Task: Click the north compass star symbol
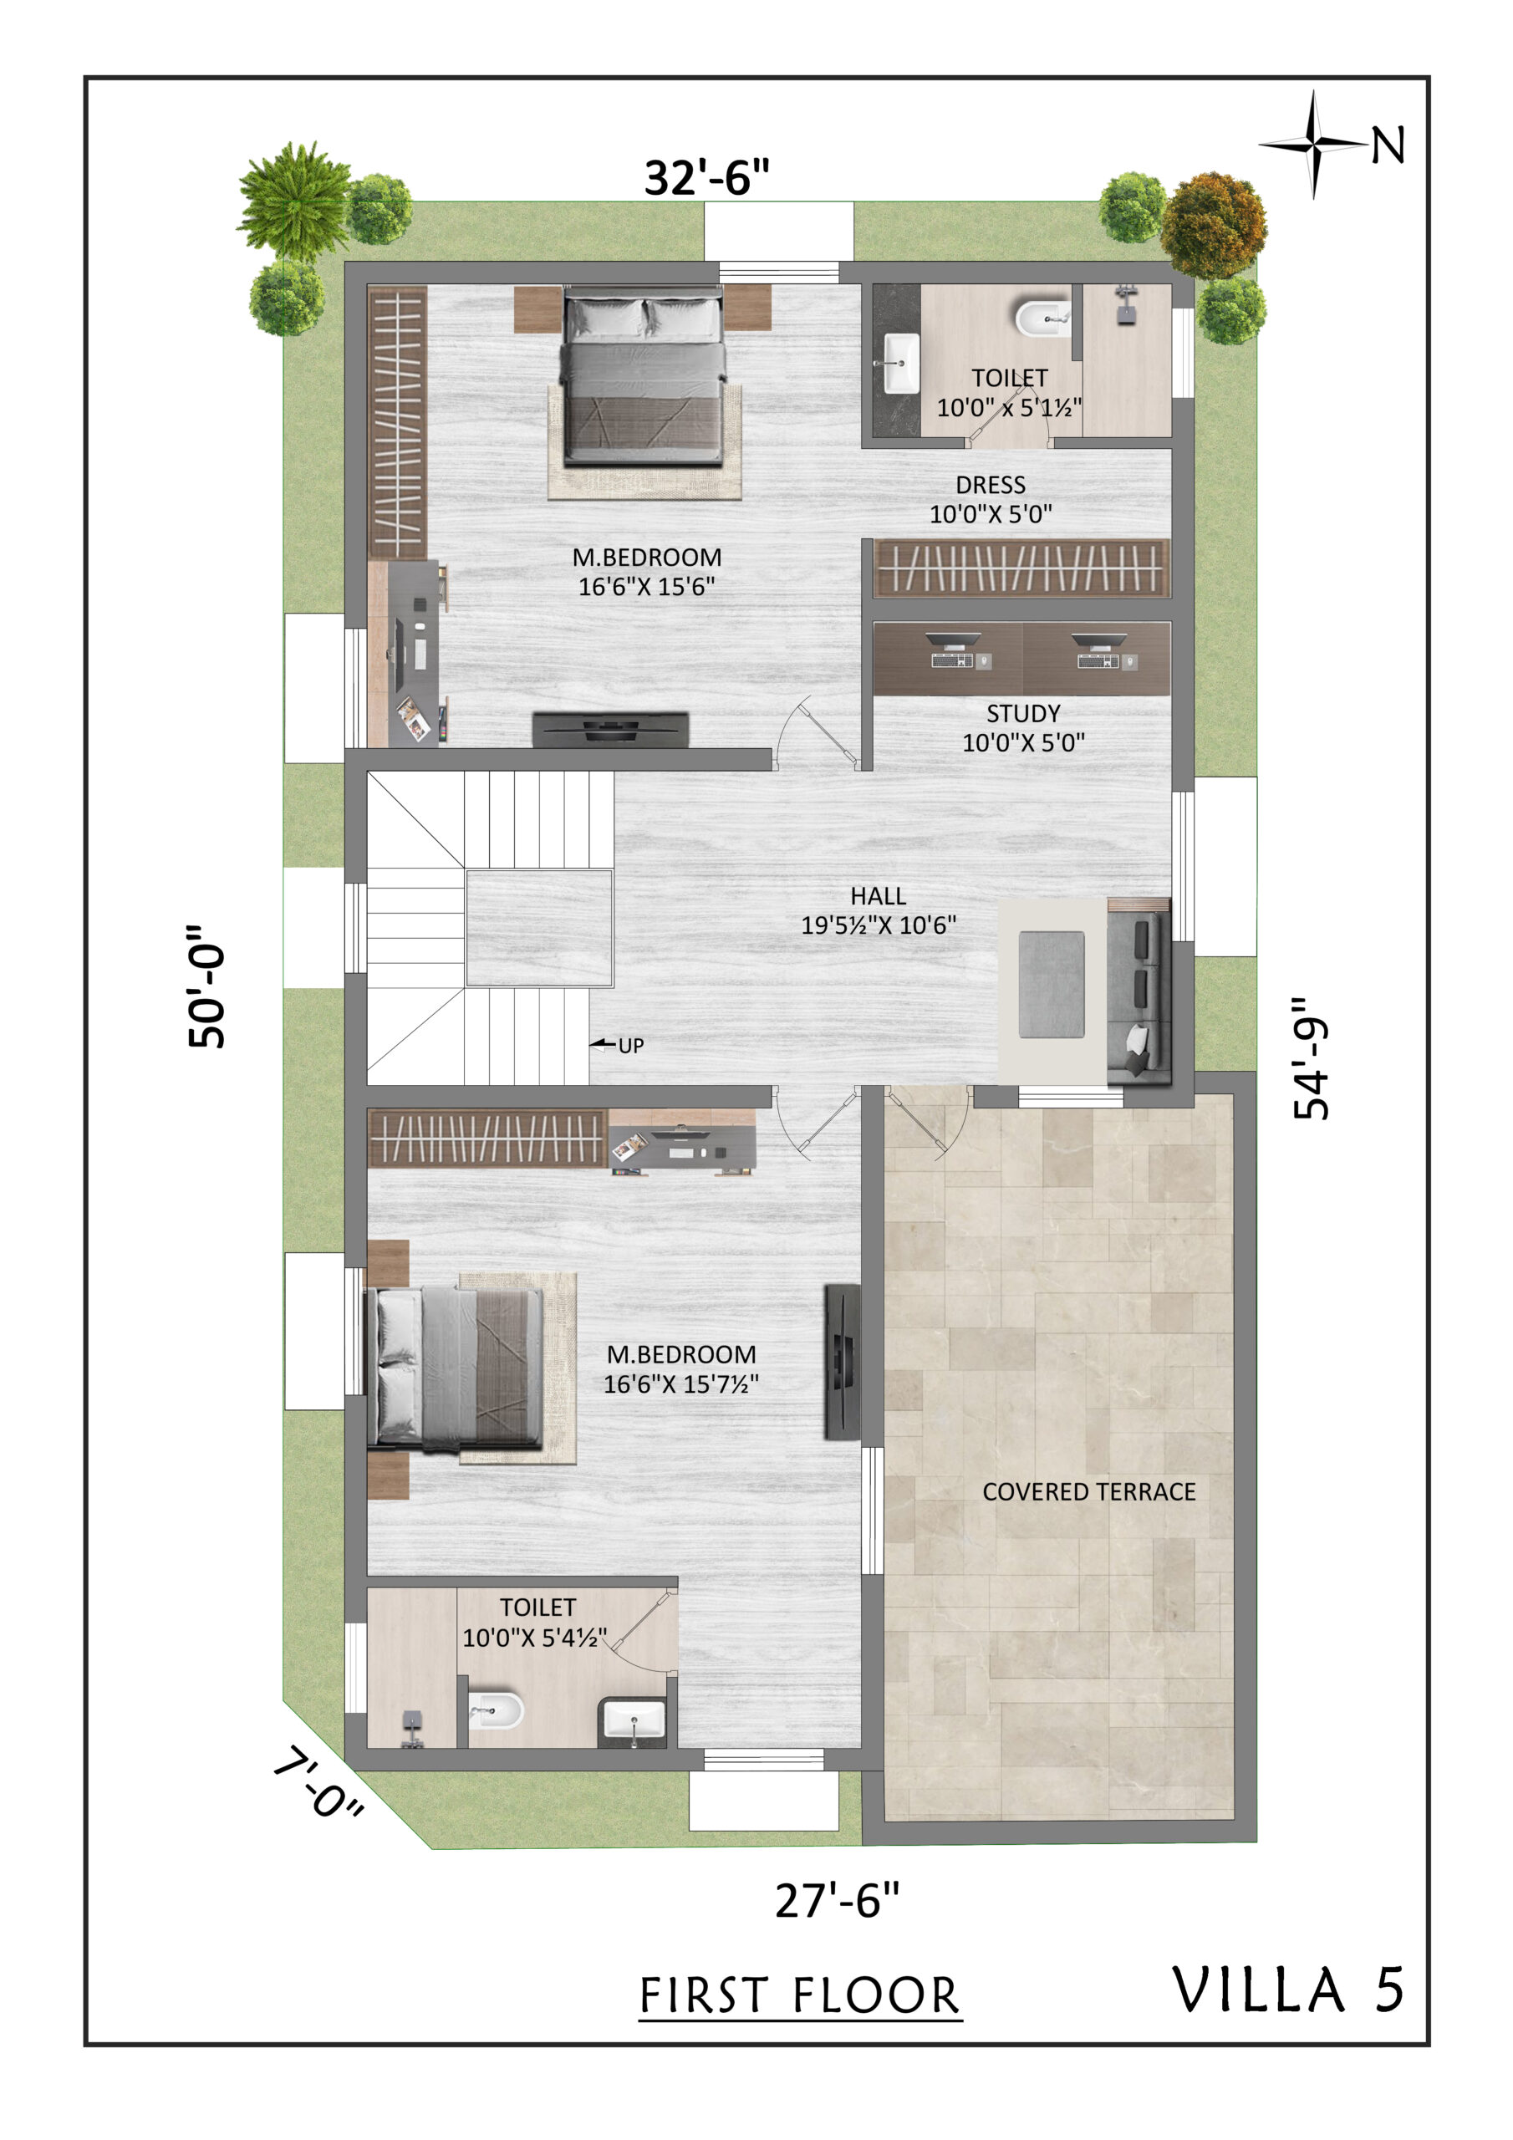[x=1313, y=145]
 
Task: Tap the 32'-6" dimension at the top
[x=706, y=177]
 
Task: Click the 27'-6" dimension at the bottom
[x=837, y=1899]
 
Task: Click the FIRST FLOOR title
[x=800, y=1995]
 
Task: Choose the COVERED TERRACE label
[x=1089, y=1491]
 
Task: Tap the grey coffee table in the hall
[x=1052, y=984]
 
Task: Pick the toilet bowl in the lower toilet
[x=494, y=1710]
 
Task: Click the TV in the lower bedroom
[x=842, y=1362]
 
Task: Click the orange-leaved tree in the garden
[x=1213, y=225]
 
